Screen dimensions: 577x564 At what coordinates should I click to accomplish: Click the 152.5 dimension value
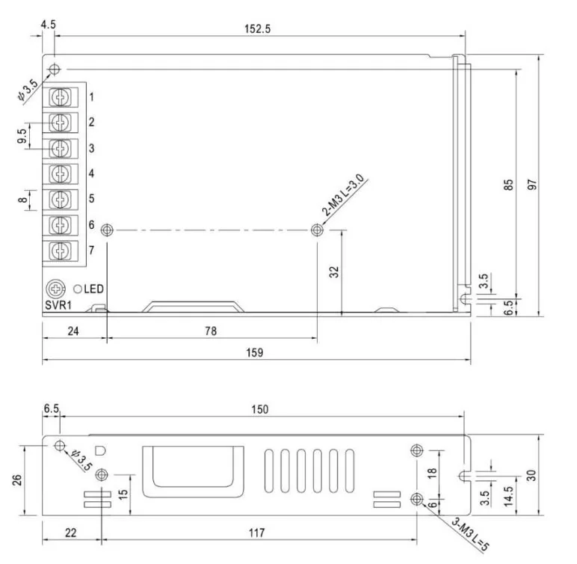click(x=257, y=28)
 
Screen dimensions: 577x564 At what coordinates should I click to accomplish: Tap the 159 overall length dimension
click(x=255, y=352)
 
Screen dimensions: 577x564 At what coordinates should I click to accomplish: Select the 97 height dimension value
click(x=532, y=185)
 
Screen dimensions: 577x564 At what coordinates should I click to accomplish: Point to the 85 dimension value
click(x=507, y=185)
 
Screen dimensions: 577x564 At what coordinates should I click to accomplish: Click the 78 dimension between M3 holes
click(x=211, y=331)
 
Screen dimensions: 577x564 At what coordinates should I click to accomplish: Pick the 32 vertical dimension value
click(x=334, y=272)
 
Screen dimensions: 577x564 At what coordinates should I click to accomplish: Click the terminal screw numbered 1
click(x=60, y=97)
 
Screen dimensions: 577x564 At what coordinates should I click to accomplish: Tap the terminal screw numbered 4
click(x=60, y=174)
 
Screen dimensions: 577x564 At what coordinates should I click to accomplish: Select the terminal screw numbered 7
click(x=60, y=251)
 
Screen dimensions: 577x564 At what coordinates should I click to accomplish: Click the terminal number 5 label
click(x=92, y=198)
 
